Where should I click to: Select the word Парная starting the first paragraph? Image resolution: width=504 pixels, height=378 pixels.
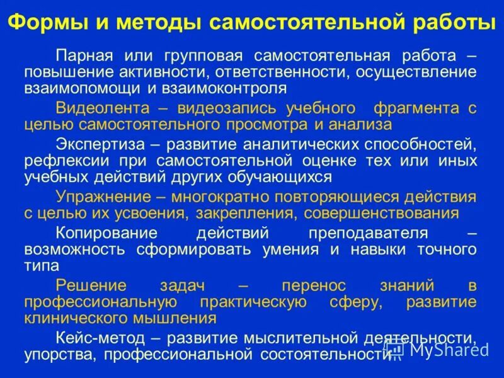84,55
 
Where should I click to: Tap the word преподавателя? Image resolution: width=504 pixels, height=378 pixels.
368,232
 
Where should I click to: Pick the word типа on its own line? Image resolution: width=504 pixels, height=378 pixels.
42,266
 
